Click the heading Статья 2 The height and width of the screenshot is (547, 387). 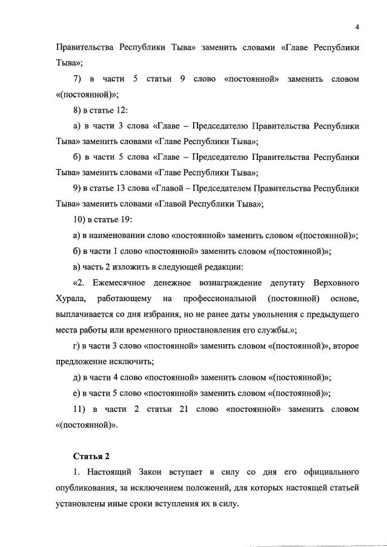pos(91,456)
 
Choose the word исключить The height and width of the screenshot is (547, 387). pos(134,362)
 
